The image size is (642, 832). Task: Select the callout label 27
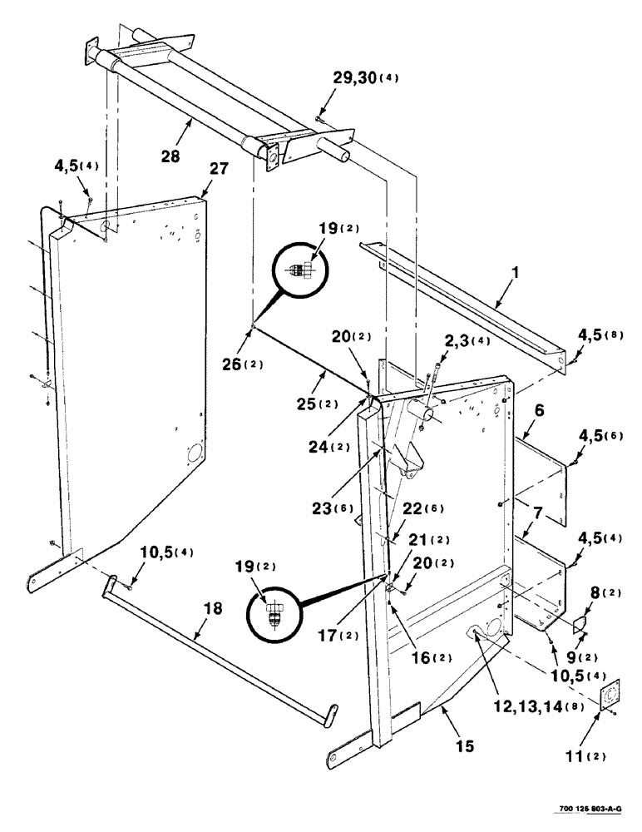click(217, 169)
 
